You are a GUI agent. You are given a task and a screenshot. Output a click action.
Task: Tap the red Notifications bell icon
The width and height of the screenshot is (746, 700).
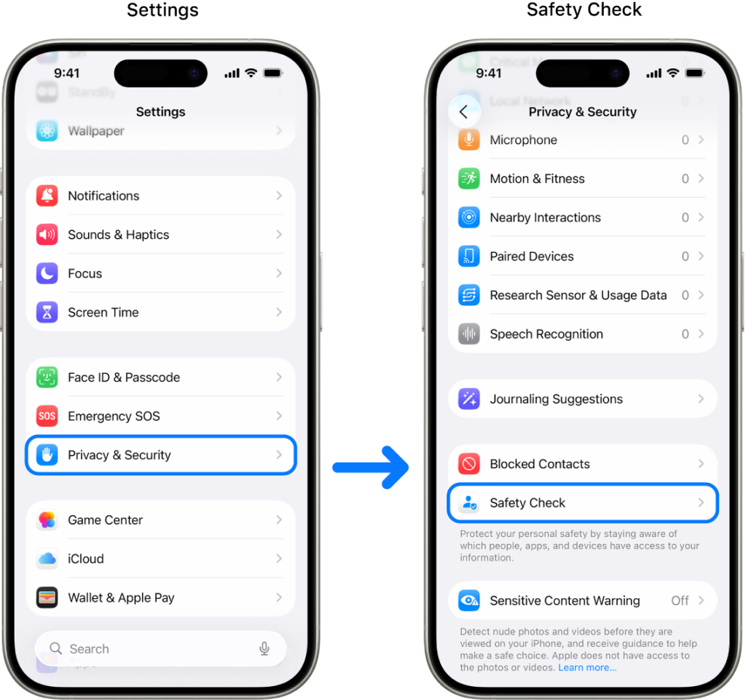(47, 196)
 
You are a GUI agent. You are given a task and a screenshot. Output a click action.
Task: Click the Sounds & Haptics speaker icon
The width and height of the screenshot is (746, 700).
(47, 235)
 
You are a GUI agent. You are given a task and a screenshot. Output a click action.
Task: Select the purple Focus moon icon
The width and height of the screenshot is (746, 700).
(47, 274)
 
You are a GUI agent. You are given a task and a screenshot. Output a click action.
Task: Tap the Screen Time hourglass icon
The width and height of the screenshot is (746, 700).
(47, 312)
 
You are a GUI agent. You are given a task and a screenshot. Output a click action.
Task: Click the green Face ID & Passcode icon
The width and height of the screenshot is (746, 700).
(47, 377)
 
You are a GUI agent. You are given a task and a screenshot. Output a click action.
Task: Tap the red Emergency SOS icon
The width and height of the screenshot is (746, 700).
(47, 416)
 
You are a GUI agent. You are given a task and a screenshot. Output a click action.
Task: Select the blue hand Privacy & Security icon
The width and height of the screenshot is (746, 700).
(47, 455)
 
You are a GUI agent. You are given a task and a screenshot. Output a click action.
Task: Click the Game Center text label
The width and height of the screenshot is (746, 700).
(105, 520)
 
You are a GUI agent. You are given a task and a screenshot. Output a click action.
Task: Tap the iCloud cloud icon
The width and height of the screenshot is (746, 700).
(47, 559)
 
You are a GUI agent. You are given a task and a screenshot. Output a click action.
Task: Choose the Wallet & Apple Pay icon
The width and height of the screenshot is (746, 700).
(47, 598)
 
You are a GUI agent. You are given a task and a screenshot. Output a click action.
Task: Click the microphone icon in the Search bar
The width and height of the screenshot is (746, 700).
(264, 649)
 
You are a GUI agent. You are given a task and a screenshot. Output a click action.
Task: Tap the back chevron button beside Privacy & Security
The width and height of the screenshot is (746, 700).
(464, 112)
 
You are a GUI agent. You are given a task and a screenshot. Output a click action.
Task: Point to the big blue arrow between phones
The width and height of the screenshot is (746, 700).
(372, 467)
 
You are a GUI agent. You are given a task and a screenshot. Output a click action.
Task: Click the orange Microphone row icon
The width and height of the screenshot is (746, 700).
(469, 140)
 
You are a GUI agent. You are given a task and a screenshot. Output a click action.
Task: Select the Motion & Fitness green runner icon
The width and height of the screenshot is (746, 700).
(469, 178)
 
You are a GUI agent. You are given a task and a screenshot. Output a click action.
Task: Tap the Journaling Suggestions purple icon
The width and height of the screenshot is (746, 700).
(469, 399)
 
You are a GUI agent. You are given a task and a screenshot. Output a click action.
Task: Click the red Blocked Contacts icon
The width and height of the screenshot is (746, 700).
(469, 464)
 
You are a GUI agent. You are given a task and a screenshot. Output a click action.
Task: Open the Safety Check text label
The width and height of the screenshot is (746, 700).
(527, 503)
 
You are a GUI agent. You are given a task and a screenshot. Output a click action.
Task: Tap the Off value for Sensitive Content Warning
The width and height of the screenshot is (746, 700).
(680, 601)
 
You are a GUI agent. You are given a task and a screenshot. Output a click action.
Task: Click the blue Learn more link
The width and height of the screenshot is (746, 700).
(587, 667)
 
